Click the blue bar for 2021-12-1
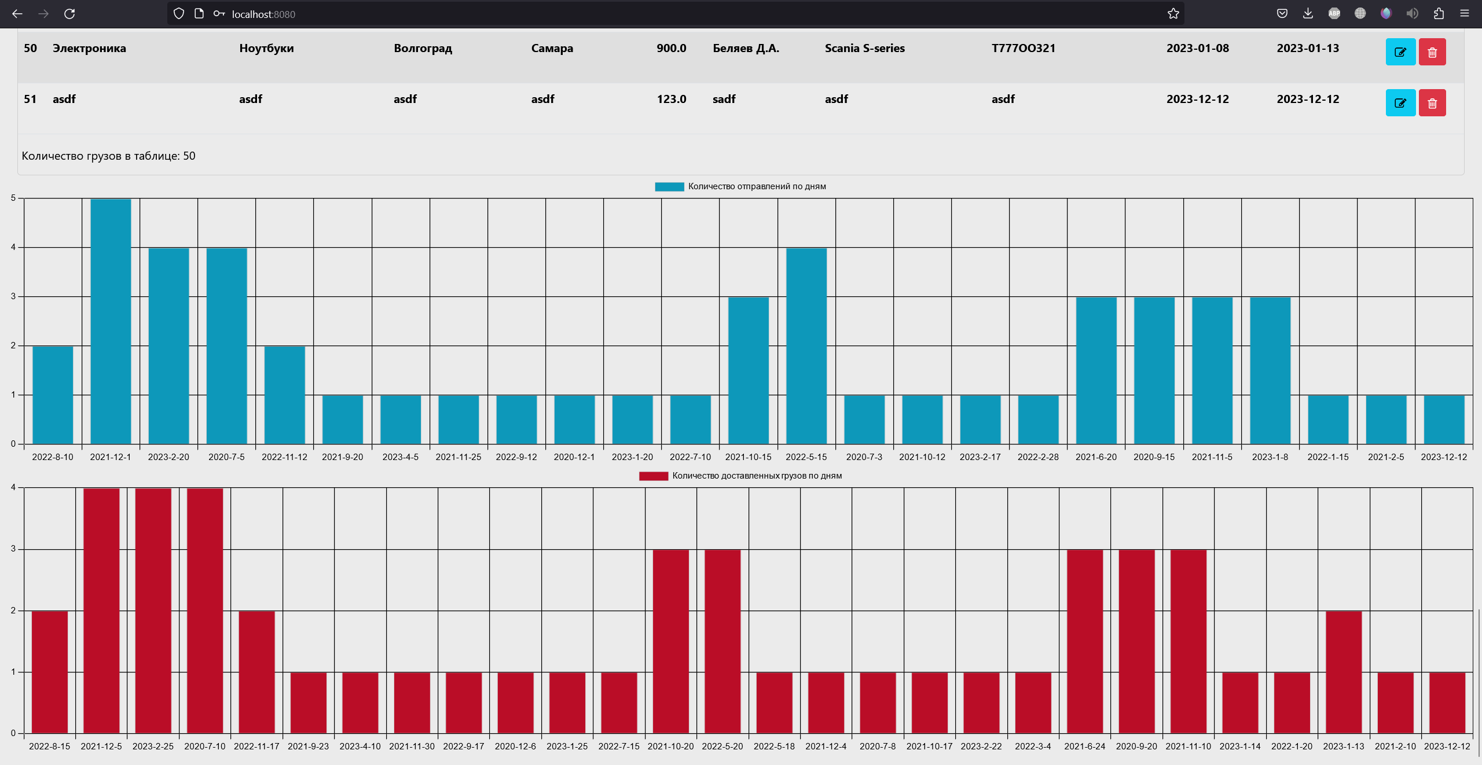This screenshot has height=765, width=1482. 111,321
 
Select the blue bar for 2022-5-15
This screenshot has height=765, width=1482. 806,345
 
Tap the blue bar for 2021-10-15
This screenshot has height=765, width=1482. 748,370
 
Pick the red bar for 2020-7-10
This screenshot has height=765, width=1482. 205,610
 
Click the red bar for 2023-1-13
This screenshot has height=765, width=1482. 1344,672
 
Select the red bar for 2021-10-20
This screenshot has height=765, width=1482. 671,641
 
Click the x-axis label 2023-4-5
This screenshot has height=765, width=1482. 400,457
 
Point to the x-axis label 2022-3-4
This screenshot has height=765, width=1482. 1033,746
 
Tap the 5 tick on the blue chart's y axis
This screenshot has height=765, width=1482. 13,198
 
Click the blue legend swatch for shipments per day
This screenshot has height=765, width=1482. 669,186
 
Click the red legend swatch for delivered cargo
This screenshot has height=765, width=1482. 654,476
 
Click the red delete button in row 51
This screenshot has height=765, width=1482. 1432,103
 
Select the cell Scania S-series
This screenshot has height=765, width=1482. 864,48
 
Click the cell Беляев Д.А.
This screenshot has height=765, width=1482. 746,48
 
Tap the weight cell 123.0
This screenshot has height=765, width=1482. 671,99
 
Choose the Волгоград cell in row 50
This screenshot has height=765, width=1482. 423,48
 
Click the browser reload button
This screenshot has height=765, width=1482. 69,13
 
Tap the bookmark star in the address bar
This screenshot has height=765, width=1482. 1173,13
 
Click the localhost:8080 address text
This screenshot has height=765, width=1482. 263,14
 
